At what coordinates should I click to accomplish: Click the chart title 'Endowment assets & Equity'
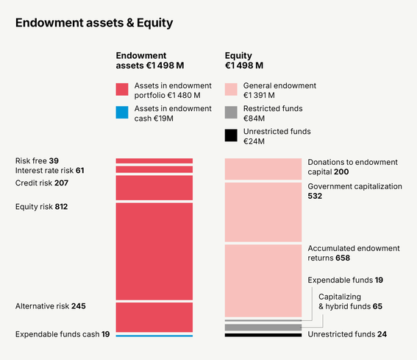pyautogui.click(x=94, y=23)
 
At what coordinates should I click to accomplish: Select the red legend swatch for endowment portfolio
pyautogui.click(x=122, y=90)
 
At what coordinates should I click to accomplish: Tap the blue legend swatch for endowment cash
pyautogui.click(x=122, y=113)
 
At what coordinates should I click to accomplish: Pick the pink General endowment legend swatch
pyautogui.click(x=231, y=90)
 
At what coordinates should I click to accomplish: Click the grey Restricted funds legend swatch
pyautogui.click(x=231, y=113)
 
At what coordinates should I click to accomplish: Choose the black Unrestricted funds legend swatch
pyautogui.click(x=231, y=135)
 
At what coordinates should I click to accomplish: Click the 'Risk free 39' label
pyautogui.click(x=37, y=160)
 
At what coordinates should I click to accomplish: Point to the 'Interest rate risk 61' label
pyautogui.click(x=49, y=171)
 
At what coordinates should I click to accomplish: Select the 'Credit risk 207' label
pyautogui.click(x=42, y=183)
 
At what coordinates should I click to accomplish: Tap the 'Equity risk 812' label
pyautogui.click(x=41, y=207)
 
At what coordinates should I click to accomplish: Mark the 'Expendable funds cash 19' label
pyautogui.click(x=63, y=334)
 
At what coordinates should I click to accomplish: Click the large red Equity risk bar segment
pyautogui.click(x=154, y=250)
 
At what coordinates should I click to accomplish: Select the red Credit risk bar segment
pyautogui.click(x=154, y=187)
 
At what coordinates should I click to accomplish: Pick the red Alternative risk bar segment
pyautogui.click(x=154, y=317)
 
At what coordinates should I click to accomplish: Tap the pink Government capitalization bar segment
pyautogui.click(x=263, y=211)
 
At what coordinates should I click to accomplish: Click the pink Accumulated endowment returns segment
pyautogui.click(x=263, y=280)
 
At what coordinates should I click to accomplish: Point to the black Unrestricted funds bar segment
pyautogui.click(x=263, y=335)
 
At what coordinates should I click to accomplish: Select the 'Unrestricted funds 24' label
pyautogui.click(x=347, y=334)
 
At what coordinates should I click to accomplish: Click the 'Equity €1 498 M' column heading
pyautogui.click(x=249, y=60)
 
